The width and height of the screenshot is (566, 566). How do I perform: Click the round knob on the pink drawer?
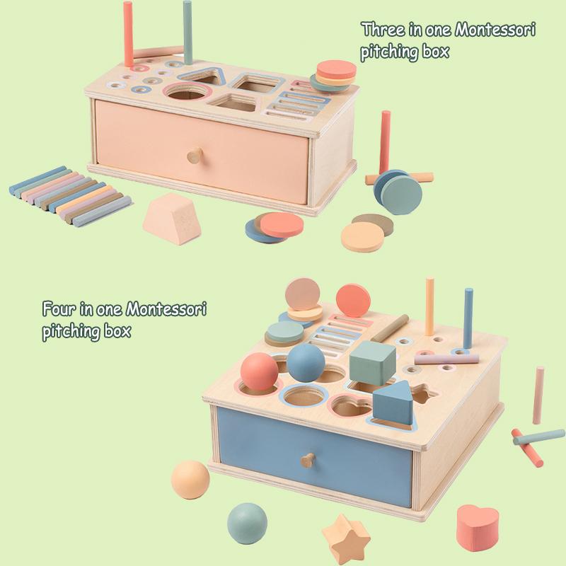(x=192, y=156)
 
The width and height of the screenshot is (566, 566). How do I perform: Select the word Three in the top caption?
(x=382, y=31)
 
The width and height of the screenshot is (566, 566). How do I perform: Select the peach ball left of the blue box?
(x=190, y=483)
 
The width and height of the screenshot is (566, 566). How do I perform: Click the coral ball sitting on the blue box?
(x=260, y=371)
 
